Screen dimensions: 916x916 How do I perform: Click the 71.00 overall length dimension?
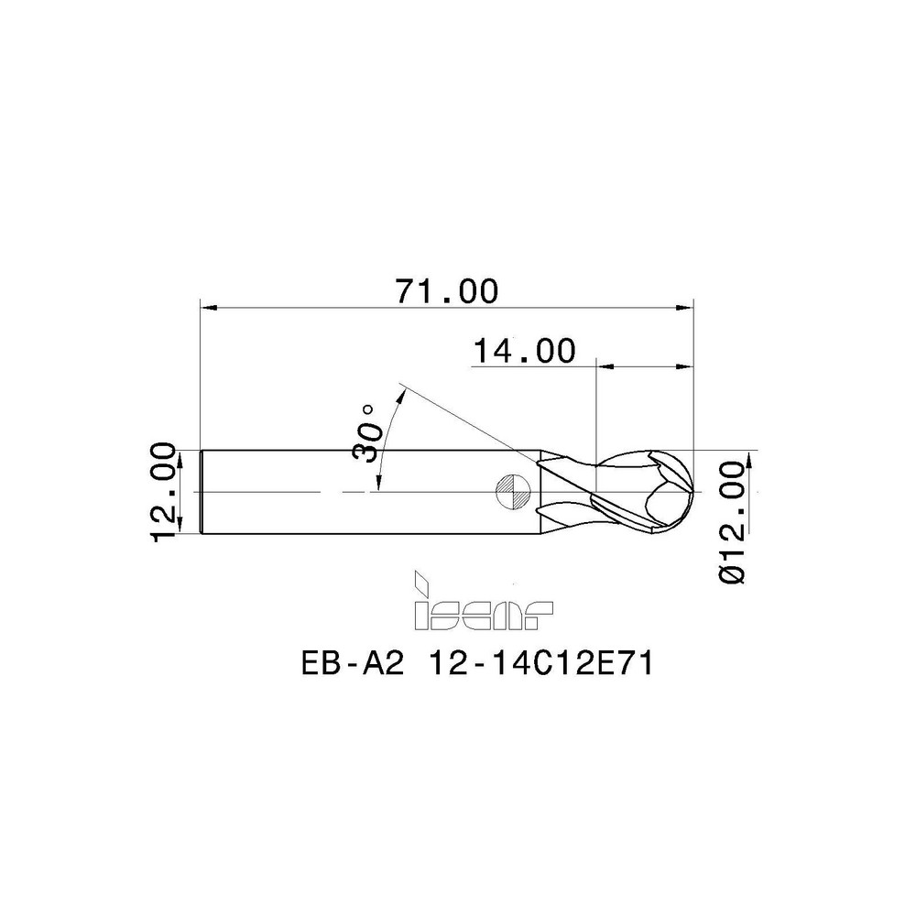(x=446, y=291)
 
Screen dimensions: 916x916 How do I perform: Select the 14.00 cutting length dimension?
(x=524, y=351)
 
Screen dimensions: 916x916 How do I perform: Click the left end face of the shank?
(x=202, y=491)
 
